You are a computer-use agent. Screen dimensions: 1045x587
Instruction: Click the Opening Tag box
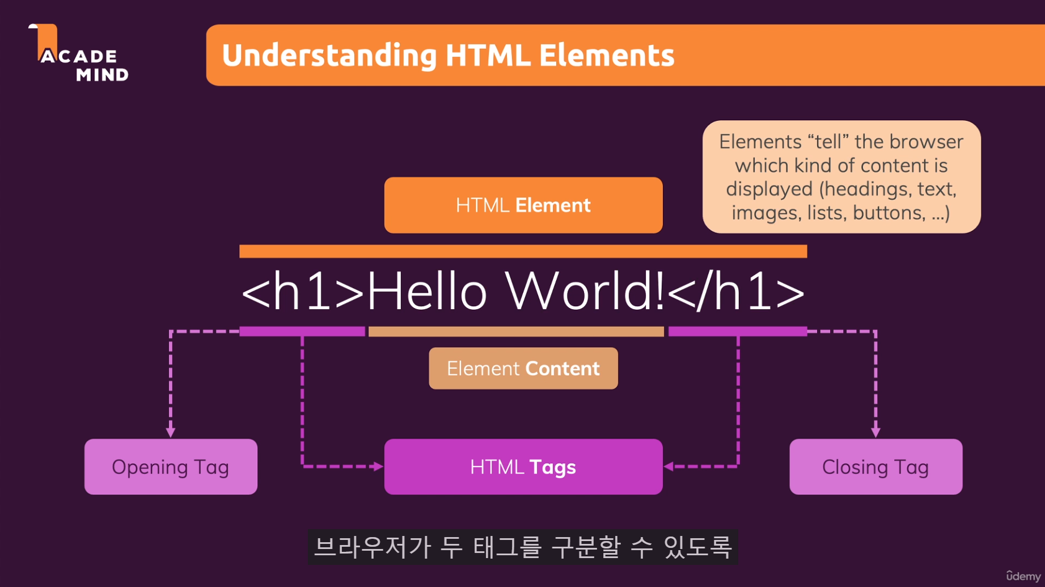click(x=171, y=467)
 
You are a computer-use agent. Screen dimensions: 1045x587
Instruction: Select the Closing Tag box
click(x=875, y=467)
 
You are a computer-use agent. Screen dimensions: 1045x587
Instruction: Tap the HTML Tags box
click(x=523, y=467)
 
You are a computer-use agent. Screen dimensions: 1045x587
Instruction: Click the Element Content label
click(x=523, y=369)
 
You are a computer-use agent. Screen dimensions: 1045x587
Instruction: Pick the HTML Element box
click(x=523, y=205)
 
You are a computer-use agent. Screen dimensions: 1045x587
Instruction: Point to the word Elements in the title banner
click(x=606, y=56)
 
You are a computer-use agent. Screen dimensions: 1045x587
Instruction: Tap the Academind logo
click(x=78, y=54)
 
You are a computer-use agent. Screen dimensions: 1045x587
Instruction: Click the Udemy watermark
click(x=1023, y=576)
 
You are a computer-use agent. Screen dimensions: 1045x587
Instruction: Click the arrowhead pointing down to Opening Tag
click(x=171, y=432)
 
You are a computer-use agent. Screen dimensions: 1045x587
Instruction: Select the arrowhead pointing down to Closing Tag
click(x=875, y=432)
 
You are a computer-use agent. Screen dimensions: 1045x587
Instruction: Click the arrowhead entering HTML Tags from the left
click(x=378, y=466)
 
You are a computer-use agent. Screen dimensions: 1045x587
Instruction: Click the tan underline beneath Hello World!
click(x=516, y=332)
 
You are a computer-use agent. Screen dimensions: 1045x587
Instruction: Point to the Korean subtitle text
click(x=523, y=547)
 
